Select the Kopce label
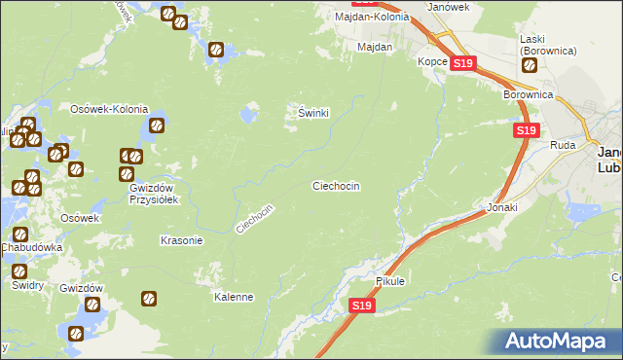[x=432, y=61]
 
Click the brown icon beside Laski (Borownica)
[x=530, y=66]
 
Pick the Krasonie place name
[x=180, y=240]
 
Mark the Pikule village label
[x=389, y=281]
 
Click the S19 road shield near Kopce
[x=463, y=64]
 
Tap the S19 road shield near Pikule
[x=361, y=306]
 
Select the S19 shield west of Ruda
[x=526, y=130]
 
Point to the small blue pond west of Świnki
[x=249, y=115]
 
